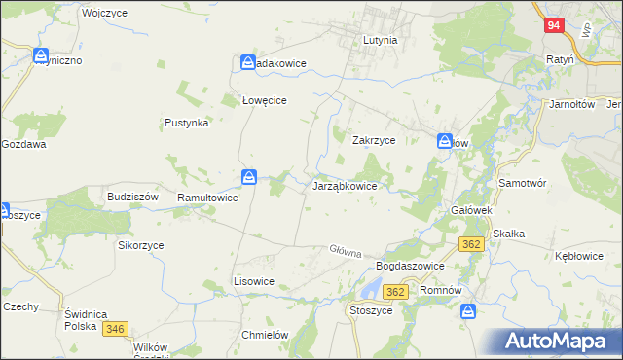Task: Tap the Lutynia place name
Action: pyautogui.click(x=380, y=41)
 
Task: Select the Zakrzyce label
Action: pyautogui.click(x=373, y=140)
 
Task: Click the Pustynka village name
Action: pyautogui.click(x=187, y=124)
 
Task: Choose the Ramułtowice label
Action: pyautogui.click(x=207, y=198)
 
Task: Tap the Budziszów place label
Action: pyautogui.click(x=132, y=196)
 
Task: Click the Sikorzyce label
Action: pyautogui.click(x=141, y=245)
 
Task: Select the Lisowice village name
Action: pyautogui.click(x=254, y=280)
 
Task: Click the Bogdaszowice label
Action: pyautogui.click(x=410, y=266)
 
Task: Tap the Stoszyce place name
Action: pyautogui.click(x=370, y=310)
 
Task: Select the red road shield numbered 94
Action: pyautogui.click(x=553, y=25)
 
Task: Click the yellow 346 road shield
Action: pyautogui.click(x=116, y=329)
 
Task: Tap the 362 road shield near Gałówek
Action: pyautogui.click(x=472, y=243)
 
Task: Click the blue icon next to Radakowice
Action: pyautogui.click(x=249, y=63)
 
